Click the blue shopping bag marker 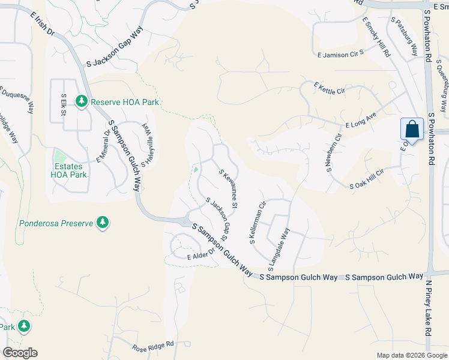pos(412,130)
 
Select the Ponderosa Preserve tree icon pos(103,223)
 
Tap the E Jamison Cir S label pos(341,55)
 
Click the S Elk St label pos(64,103)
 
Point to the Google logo pos(20,353)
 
